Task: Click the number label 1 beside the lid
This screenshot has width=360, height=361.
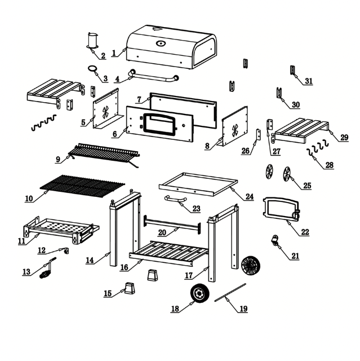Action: [114, 53]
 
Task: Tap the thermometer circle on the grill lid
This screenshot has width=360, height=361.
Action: [161, 42]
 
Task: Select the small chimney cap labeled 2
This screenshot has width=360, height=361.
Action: [92, 41]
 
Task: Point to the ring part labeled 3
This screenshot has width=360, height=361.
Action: [93, 69]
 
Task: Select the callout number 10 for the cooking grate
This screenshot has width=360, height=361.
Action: [29, 199]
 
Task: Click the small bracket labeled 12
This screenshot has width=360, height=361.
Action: [66, 250]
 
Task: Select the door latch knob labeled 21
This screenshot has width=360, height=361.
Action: [275, 241]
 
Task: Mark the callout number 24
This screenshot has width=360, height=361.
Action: [250, 197]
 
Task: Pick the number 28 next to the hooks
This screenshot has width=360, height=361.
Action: [329, 165]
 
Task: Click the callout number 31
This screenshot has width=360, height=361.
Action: [309, 81]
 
